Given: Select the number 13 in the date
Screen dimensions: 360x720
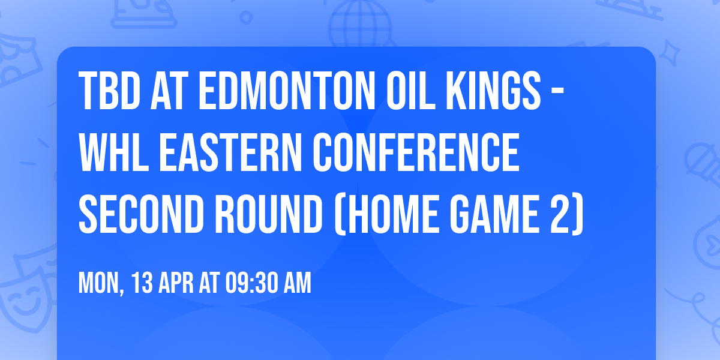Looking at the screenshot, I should pos(142,283).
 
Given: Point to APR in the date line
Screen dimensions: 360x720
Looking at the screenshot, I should pos(175,283).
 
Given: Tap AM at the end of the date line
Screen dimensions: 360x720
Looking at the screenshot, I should pos(297,283).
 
